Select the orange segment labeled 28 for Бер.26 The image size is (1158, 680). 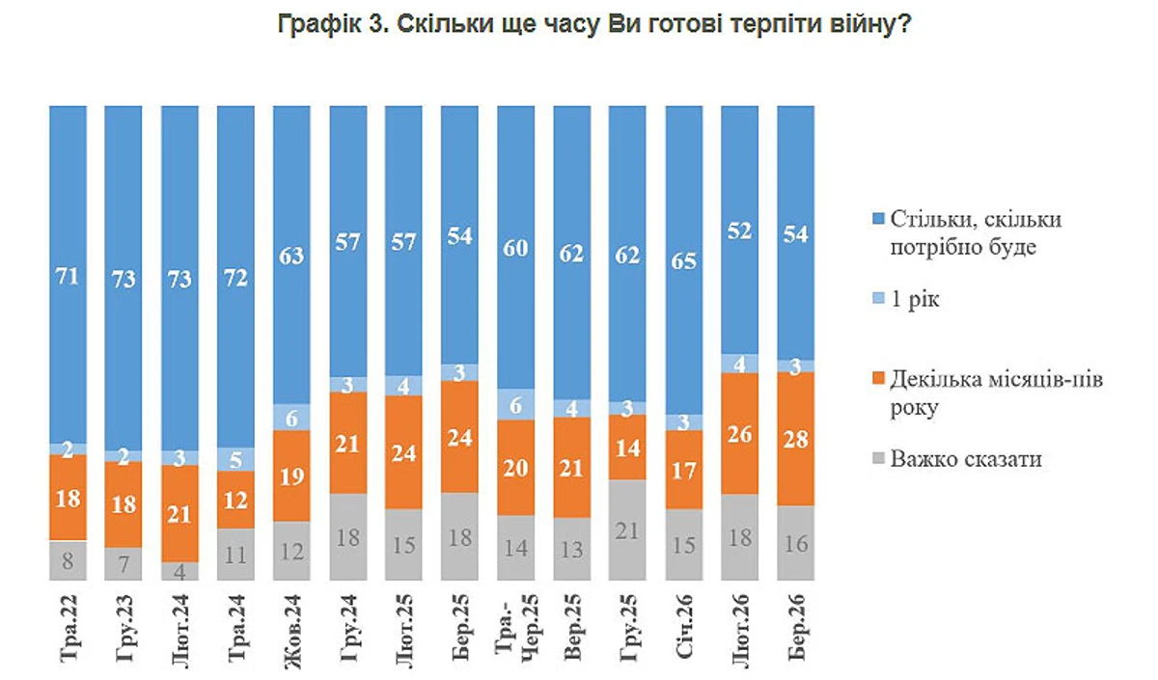coord(796,438)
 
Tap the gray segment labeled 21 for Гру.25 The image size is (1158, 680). coord(627,530)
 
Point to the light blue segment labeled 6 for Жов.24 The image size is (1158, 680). coord(291,417)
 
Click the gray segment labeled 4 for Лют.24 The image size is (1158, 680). coord(179,571)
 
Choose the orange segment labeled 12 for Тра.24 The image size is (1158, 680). coord(235,500)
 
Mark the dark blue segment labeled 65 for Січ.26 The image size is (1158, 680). coord(684,260)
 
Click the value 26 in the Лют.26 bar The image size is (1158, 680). coord(740,434)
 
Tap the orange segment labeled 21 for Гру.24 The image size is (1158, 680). coord(347,443)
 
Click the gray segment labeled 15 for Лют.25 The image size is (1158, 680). coord(403,545)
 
